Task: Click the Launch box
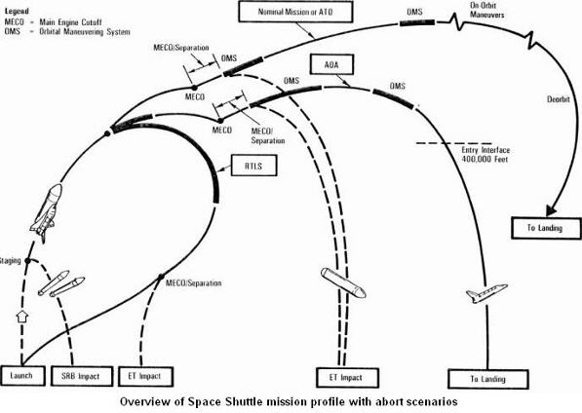[x=22, y=376]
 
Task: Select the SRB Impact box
[x=81, y=377]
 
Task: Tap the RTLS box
[x=253, y=166]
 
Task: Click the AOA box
[x=331, y=65]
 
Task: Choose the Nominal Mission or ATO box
[x=295, y=12]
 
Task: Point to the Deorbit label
[x=559, y=99]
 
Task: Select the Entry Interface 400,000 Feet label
[x=485, y=155]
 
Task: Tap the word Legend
[x=17, y=11]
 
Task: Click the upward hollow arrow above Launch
[x=22, y=317]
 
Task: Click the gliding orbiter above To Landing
[x=486, y=293]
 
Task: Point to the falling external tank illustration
[x=343, y=282]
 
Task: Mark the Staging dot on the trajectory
[x=28, y=261]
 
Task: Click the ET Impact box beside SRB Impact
[x=145, y=377]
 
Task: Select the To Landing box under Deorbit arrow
[x=546, y=228]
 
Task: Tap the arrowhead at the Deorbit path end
[x=551, y=210]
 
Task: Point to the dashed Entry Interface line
[x=453, y=143]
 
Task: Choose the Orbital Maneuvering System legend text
[x=85, y=32]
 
